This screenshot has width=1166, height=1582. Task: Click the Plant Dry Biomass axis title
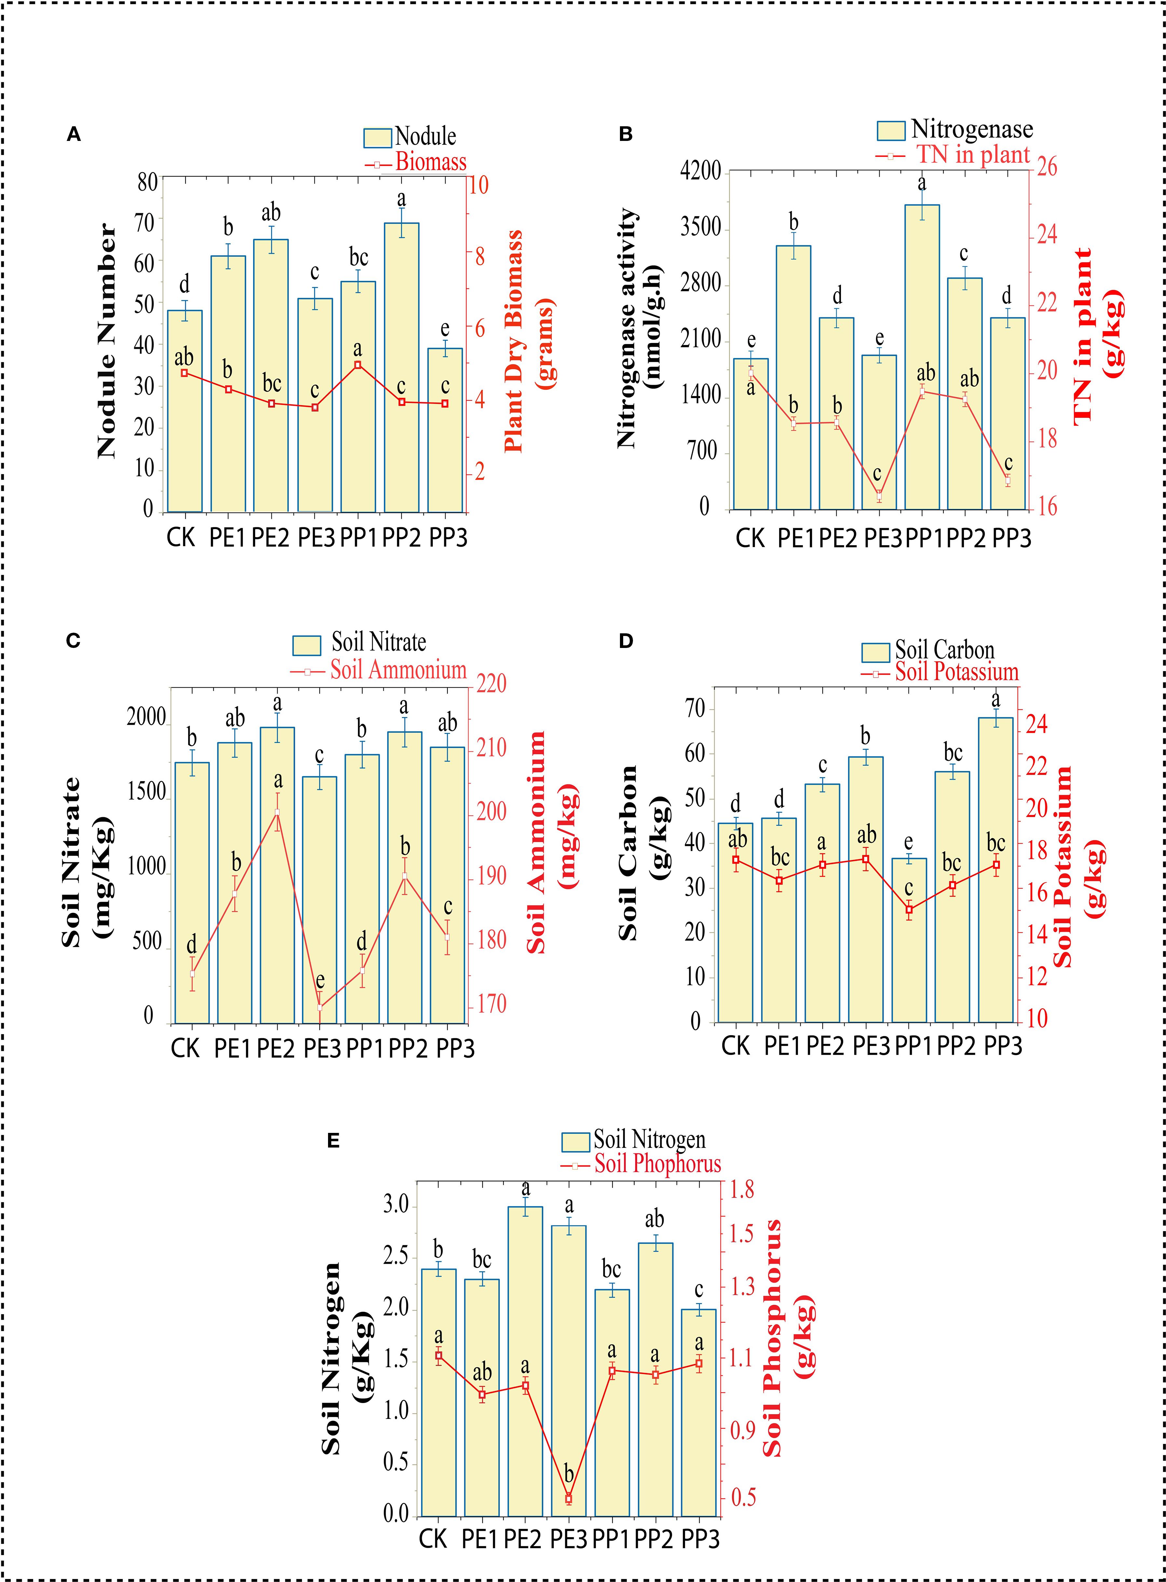click(528, 340)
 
